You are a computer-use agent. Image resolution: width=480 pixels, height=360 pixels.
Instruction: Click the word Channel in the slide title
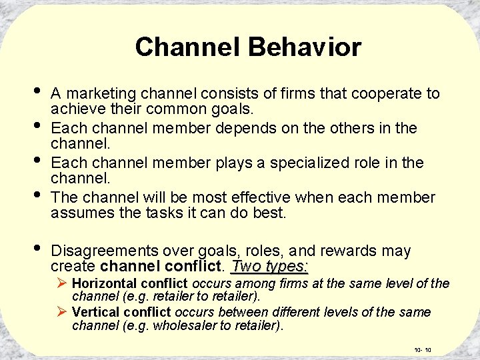click(189, 47)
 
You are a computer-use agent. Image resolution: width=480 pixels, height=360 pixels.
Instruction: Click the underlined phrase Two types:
click(269, 267)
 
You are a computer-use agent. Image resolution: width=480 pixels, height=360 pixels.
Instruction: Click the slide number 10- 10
click(423, 349)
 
